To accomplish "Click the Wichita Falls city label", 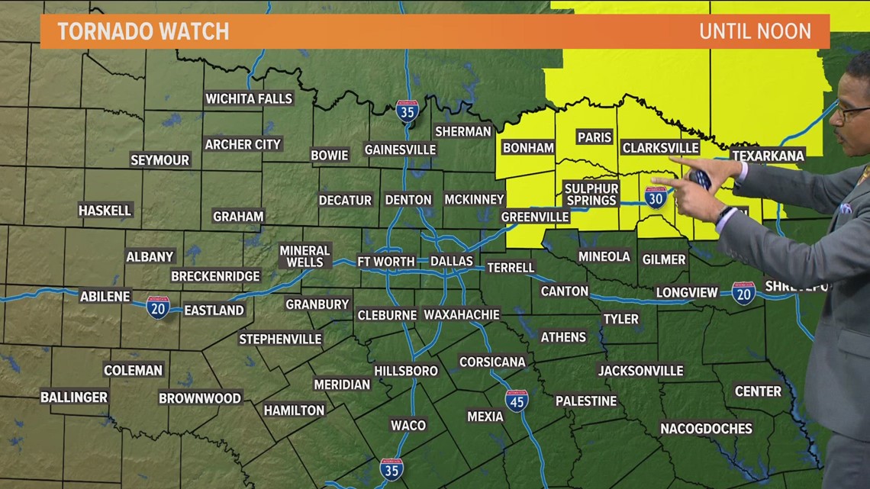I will pyautogui.click(x=249, y=98).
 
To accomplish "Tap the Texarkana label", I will pyautogui.click(x=768, y=156).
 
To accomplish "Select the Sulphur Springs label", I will pyautogui.click(x=591, y=194).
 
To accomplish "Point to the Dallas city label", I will pyautogui.click(x=452, y=261).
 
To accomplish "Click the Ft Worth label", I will pyautogui.click(x=386, y=261).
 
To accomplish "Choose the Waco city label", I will pyautogui.click(x=408, y=425).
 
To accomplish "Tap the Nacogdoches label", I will pyautogui.click(x=706, y=429).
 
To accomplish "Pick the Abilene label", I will pyautogui.click(x=105, y=296).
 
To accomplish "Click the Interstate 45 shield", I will pyautogui.click(x=517, y=401).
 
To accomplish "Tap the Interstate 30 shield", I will pyautogui.click(x=656, y=198).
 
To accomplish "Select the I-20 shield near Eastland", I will pyautogui.click(x=158, y=307).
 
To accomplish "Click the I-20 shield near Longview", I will pyautogui.click(x=743, y=293).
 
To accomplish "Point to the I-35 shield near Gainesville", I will pyautogui.click(x=407, y=112).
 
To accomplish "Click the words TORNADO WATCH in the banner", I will pyautogui.click(x=143, y=31).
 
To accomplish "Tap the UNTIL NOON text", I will pyautogui.click(x=754, y=31).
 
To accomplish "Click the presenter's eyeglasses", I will pyautogui.click(x=853, y=112).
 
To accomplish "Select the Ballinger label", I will pyautogui.click(x=74, y=397).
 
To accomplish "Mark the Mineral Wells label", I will pyautogui.click(x=304, y=256).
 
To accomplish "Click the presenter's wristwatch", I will pyautogui.click(x=724, y=216).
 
